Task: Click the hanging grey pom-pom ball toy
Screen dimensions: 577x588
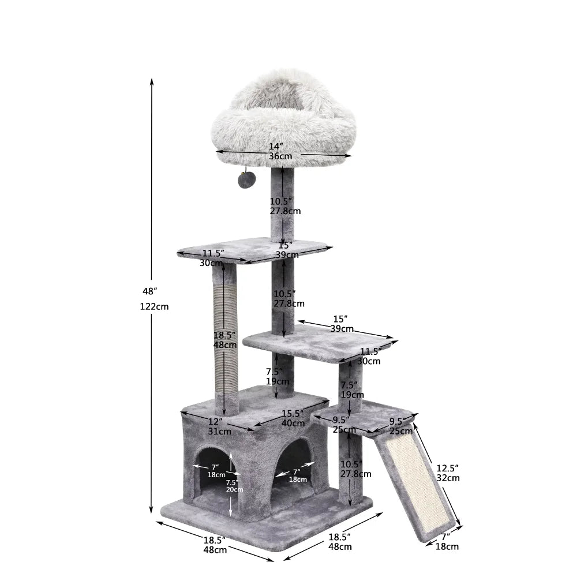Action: [245, 179]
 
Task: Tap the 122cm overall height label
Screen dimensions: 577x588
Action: [154, 307]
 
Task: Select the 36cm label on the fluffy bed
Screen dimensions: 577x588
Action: [280, 156]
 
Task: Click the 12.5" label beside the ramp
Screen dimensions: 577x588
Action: [448, 467]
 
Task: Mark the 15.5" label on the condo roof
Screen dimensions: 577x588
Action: [293, 413]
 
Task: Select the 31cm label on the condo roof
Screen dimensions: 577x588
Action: [220, 431]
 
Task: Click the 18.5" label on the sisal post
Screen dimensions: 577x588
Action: [225, 335]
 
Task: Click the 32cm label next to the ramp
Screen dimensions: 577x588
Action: [448, 478]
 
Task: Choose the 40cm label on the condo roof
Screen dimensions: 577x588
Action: [293, 424]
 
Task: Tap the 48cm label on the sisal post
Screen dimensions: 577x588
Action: [225, 345]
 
